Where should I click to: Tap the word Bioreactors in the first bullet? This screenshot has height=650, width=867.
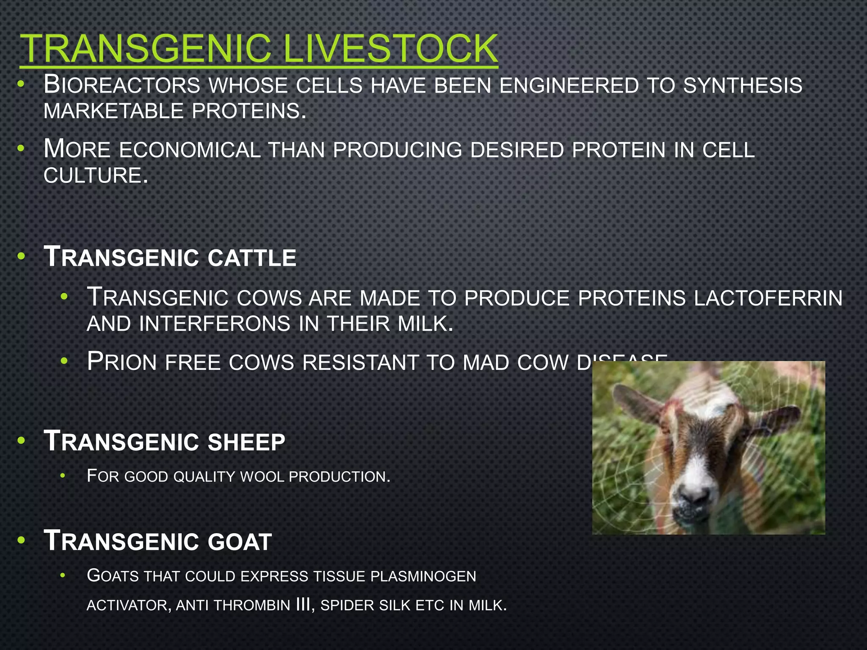(122, 85)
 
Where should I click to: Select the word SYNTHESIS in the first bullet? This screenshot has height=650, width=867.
(743, 85)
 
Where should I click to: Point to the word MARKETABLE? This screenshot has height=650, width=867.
(113, 111)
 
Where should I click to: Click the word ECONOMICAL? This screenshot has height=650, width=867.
(190, 150)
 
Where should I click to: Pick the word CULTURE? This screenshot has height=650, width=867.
(96, 176)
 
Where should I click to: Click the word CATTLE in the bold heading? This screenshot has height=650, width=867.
(252, 258)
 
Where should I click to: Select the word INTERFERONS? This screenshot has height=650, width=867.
(215, 324)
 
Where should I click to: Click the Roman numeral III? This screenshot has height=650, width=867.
(304, 605)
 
